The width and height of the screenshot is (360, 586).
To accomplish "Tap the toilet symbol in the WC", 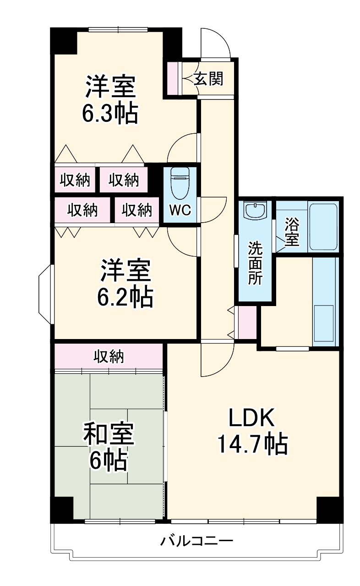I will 179,184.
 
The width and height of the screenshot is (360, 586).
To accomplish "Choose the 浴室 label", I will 291,232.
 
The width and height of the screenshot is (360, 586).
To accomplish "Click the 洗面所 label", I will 255,263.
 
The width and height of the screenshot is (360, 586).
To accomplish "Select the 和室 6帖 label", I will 108,447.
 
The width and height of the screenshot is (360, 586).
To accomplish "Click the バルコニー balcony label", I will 196,541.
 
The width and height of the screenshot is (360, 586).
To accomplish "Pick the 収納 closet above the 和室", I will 109,356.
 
